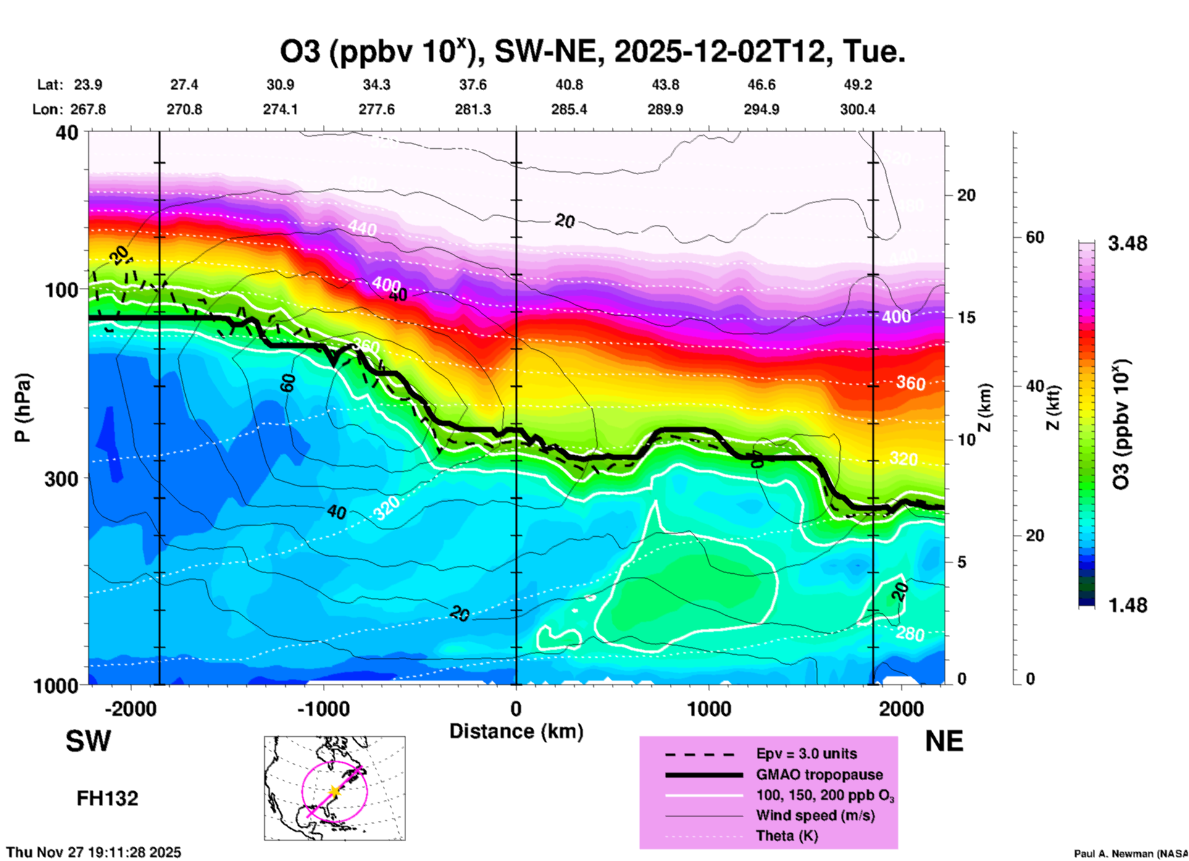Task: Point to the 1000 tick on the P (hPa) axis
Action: (x=55, y=686)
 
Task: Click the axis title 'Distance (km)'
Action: (x=516, y=731)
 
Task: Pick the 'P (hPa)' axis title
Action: (x=23, y=408)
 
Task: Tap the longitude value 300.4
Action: (x=857, y=109)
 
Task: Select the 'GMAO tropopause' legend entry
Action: (x=819, y=775)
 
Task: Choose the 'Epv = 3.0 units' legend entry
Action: (x=806, y=754)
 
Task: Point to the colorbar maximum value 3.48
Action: (x=1127, y=244)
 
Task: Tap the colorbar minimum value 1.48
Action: (x=1127, y=605)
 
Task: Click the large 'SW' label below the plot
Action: (x=88, y=741)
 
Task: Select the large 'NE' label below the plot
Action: (x=944, y=741)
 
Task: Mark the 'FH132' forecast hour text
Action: (x=107, y=799)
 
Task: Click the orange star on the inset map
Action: (x=335, y=791)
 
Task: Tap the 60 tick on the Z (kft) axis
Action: (x=1035, y=238)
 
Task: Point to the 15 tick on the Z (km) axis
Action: (x=966, y=317)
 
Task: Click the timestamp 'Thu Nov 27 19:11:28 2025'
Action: (x=94, y=853)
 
